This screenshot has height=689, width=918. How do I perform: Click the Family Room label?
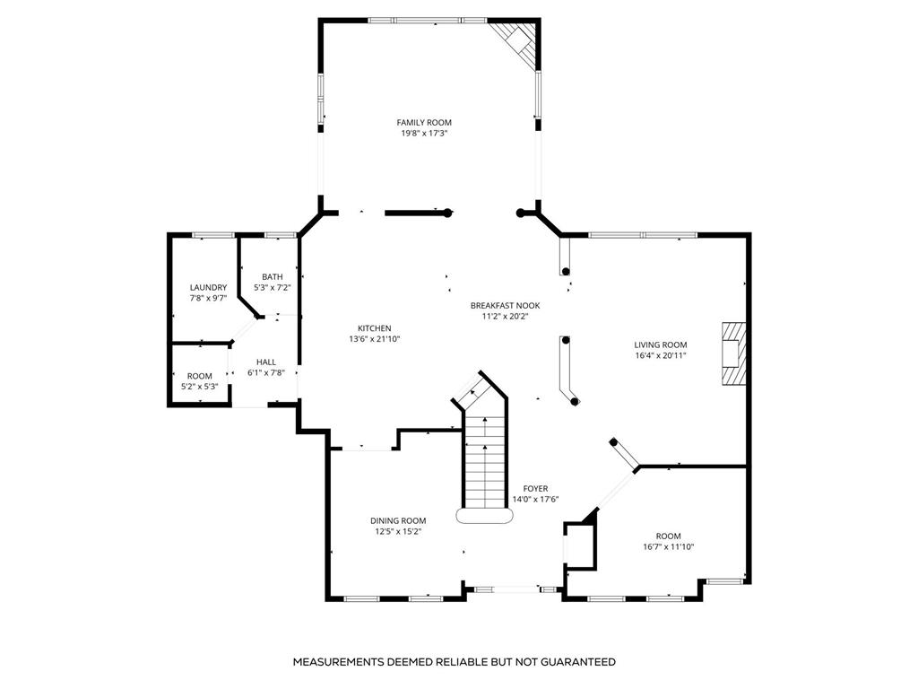(x=424, y=122)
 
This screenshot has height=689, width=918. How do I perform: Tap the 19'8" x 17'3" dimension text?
(x=424, y=134)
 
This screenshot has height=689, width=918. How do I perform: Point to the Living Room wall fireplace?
(x=733, y=353)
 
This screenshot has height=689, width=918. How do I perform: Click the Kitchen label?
(x=374, y=328)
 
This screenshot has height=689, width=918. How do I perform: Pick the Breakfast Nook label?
(x=506, y=306)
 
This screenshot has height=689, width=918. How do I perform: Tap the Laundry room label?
(x=208, y=288)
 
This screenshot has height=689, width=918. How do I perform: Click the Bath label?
(x=273, y=276)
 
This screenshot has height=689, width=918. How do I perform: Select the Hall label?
(x=265, y=362)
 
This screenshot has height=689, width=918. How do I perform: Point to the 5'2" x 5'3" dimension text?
(x=200, y=387)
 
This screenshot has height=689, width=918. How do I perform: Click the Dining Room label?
(x=398, y=521)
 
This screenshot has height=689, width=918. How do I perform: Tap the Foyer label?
(x=536, y=489)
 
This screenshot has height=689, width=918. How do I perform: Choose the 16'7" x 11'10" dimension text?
(x=669, y=547)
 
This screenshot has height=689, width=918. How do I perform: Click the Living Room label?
(x=661, y=345)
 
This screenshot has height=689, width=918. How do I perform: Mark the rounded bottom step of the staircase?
(x=485, y=516)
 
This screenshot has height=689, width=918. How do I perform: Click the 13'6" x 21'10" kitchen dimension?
(x=374, y=339)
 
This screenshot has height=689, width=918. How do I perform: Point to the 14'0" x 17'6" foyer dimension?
(x=536, y=500)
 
